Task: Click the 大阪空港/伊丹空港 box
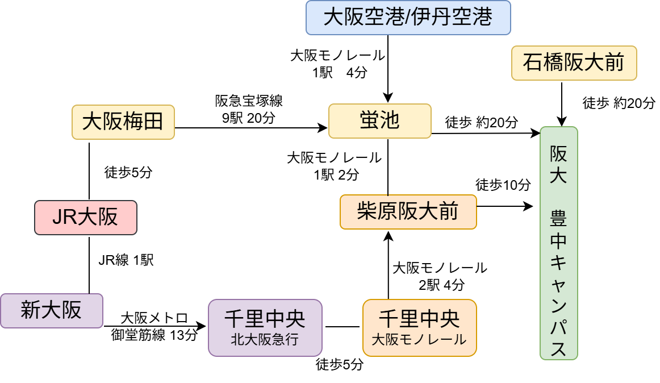[408, 17]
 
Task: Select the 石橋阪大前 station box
[574, 63]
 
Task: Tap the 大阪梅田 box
[123, 122]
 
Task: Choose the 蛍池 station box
[379, 120]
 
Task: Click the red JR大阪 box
[85, 217]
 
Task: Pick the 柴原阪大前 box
[408, 211]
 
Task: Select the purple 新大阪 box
[52, 310]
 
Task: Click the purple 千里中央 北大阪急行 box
[265, 327]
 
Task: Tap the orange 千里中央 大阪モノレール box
[419, 327]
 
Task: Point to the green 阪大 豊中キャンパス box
[558, 243]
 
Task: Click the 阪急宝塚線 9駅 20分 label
[249, 110]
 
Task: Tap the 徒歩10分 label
[503, 185]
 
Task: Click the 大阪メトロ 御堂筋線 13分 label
[154, 326]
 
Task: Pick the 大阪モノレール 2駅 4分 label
[440, 276]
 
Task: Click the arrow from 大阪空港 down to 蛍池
[388, 68]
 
